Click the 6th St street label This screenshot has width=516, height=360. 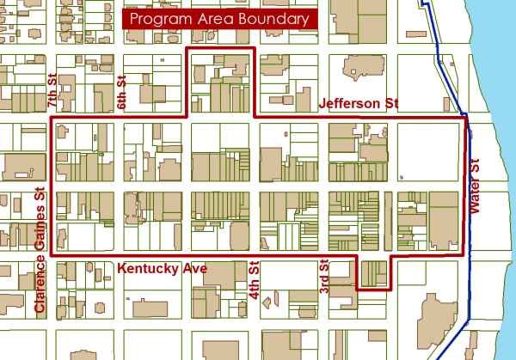(121, 88)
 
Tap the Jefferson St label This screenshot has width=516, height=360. (359, 103)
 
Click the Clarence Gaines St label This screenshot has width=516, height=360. (39, 251)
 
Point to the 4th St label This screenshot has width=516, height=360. (254, 281)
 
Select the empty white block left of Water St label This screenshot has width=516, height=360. (430, 151)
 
